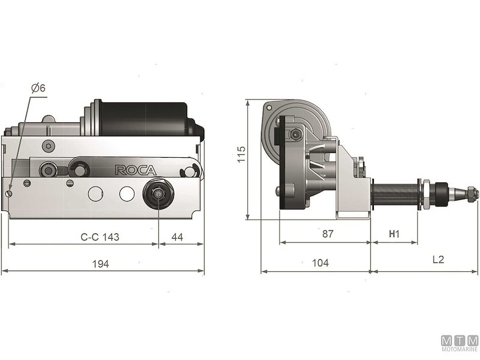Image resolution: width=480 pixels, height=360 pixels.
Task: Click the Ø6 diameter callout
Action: [x=37, y=88]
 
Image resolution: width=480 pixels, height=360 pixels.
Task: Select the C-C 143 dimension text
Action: [x=100, y=237]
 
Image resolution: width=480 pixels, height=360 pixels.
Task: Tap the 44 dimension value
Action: [x=178, y=237]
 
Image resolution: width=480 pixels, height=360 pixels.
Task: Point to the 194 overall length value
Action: [x=101, y=264]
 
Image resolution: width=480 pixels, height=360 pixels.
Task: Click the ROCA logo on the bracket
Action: [x=135, y=170]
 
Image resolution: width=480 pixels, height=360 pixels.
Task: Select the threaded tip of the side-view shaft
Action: [x=471, y=194]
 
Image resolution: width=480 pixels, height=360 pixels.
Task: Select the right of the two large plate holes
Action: [x=126, y=194]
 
